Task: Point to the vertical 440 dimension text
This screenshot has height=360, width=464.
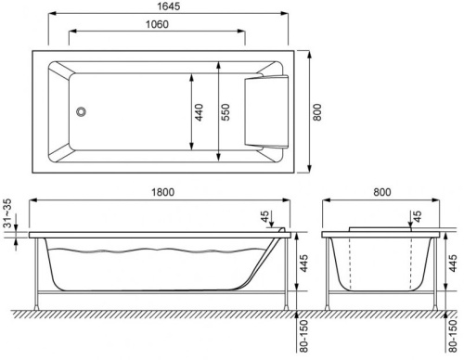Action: pos(197,113)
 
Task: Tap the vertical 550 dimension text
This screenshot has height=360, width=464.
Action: pos(223,113)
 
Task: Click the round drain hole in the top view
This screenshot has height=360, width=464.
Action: pos(82,111)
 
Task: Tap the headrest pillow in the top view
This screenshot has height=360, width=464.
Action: pos(263,112)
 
